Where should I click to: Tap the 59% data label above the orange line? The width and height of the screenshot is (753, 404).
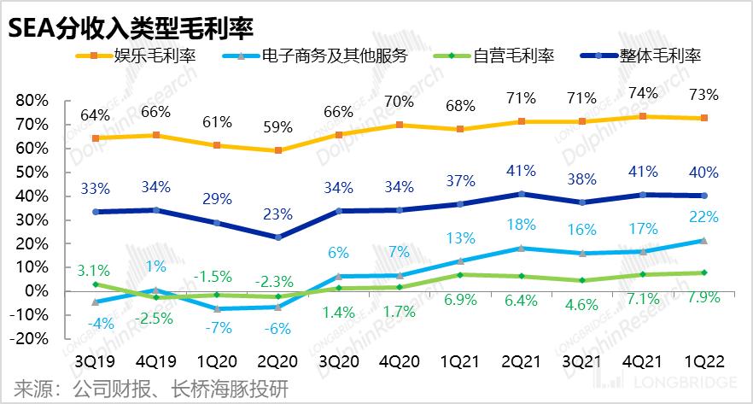pyautogui.click(x=277, y=127)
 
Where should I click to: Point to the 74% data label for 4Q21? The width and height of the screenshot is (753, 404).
pyautogui.click(x=644, y=93)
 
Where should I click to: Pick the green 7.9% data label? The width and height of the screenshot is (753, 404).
pyautogui.click(x=703, y=298)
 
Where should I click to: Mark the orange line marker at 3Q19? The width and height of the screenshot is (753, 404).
pyautogui.click(x=96, y=138)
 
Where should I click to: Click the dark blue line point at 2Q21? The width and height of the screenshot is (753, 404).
pyautogui.click(x=522, y=194)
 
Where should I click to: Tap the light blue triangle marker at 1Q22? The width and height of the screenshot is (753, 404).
pyautogui.click(x=703, y=241)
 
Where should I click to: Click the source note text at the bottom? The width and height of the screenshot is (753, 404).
pyautogui.click(x=145, y=390)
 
